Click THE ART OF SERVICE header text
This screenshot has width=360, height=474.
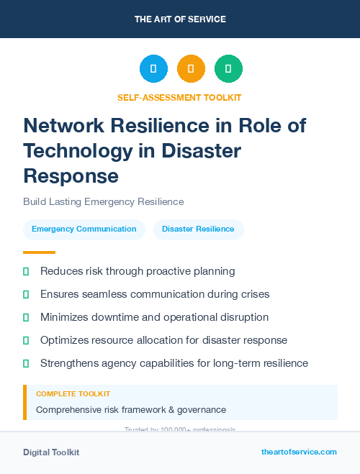point(180,19)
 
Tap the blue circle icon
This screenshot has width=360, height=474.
point(153,69)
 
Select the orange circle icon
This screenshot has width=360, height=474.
point(191,69)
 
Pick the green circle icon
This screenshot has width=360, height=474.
point(228,69)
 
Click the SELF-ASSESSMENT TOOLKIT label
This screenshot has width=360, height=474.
point(179,97)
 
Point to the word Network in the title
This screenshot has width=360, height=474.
point(65,125)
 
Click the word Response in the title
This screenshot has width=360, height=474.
point(71,175)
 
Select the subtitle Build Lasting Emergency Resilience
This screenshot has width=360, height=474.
point(103,201)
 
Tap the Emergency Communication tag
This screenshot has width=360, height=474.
point(84,229)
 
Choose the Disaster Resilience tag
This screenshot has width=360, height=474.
point(198,229)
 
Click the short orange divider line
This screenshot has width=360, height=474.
point(39,252)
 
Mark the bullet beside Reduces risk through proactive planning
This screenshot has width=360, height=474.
point(26,271)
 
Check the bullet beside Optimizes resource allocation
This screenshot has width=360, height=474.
point(26,340)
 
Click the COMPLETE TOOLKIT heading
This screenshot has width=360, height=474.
point(73,394)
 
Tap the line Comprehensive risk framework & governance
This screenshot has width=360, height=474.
point(131,410)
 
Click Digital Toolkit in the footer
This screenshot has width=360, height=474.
point(51,452)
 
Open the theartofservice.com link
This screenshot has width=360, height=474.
point(299,452)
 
